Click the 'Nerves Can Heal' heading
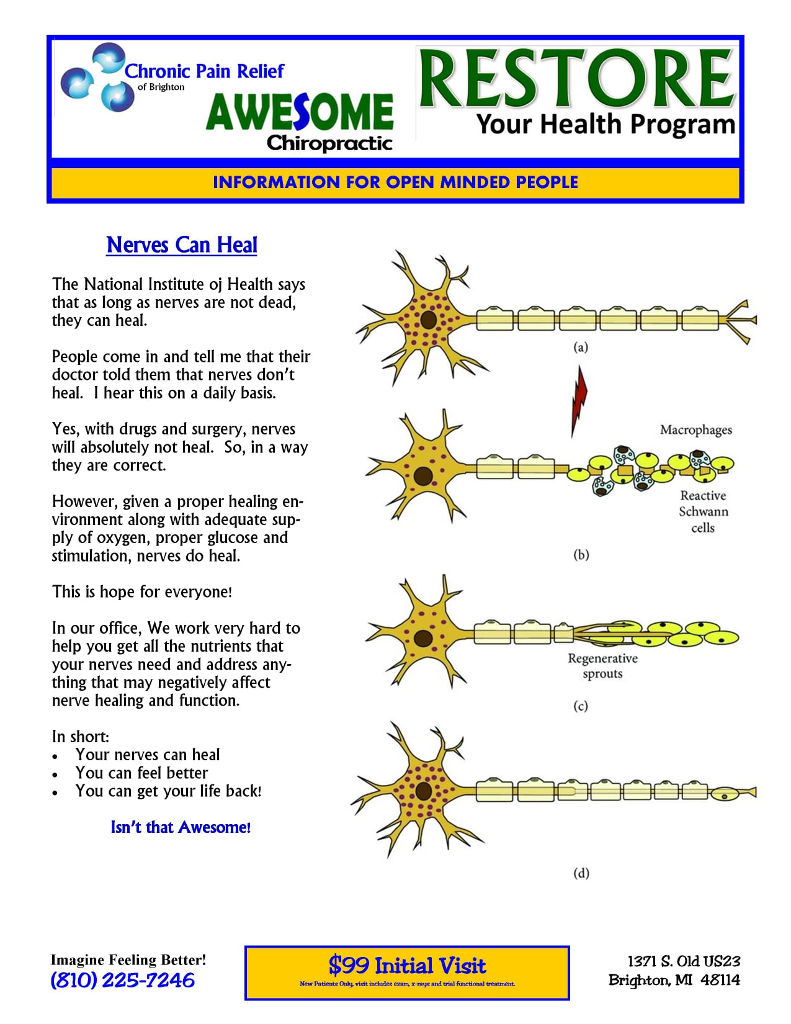(181, 245)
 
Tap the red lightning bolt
(579, 400)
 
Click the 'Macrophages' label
(695, 430)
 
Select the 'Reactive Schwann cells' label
(703, 512)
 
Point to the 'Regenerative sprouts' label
(602, 666)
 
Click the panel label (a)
(581, 348)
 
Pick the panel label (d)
(581, 873)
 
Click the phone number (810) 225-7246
(123, 981)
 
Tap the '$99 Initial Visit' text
(407, 966)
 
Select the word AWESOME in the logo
(300, 112)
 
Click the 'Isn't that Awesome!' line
(181, 827)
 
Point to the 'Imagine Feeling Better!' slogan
(128, 960)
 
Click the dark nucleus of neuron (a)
(428, 320)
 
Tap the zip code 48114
(720, 980)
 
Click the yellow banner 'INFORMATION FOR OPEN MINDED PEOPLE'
(395, 182)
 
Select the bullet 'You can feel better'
(141, 773)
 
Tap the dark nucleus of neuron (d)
(424, 791)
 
